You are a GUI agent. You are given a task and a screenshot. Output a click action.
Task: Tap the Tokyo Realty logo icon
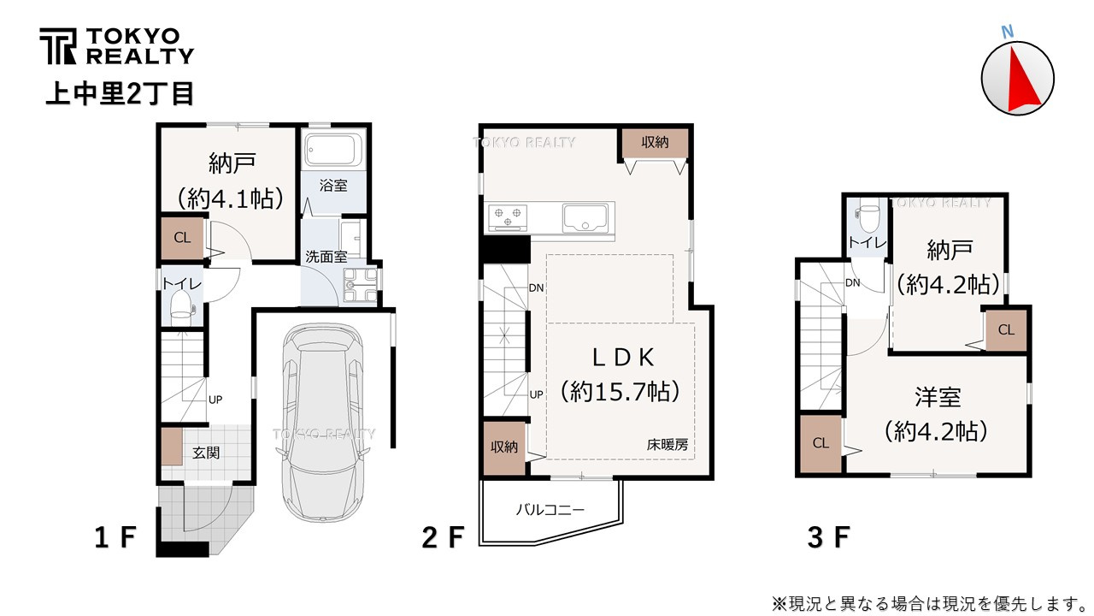[x=58, y=46]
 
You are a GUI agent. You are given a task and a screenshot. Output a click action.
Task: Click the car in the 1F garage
[x=323, y=422]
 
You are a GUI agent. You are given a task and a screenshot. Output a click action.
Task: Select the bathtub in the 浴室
[x=332, y=150]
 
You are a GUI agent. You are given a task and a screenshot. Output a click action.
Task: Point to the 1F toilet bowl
[x=182, y=306]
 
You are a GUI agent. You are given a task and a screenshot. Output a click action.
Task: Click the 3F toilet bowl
[x=868, y=217]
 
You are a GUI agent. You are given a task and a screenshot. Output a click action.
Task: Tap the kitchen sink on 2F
[x=585, y=218]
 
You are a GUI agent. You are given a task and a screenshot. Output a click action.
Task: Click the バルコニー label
[x=550, y=511]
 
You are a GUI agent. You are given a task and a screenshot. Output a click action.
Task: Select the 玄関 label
[x=206, y=453]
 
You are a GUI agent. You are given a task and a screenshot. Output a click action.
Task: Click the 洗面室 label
[x=326, y=257]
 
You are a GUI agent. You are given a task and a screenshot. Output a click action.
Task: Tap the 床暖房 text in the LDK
[x=668, y=444]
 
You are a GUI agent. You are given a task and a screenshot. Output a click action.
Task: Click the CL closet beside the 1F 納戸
[x=183, y=238]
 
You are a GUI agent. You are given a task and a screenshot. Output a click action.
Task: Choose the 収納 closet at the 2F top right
[x=655, y=143]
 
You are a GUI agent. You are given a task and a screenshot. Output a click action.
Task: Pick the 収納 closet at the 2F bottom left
[x=504, y=447]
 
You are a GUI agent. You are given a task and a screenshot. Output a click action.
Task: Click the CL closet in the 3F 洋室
[x=821, y=443]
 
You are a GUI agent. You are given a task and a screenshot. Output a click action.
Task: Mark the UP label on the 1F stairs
[x=215, y=400]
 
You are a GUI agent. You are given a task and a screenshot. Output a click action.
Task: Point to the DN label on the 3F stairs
[x=853, y=282]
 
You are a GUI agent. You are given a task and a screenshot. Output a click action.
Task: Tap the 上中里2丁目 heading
[x=121, y=94]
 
